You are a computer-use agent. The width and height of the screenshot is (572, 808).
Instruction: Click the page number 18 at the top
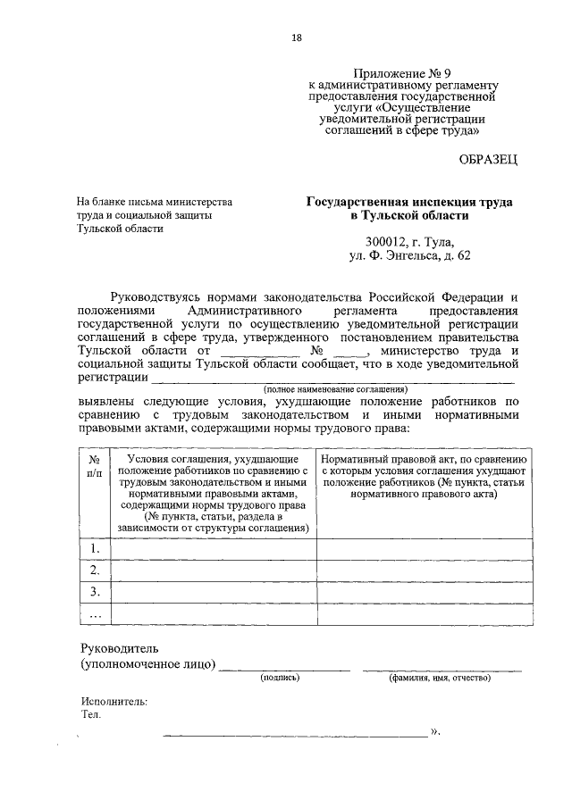(x=297, y=37)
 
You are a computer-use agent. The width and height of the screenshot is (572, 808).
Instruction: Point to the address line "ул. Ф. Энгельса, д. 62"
(x=409, y=256)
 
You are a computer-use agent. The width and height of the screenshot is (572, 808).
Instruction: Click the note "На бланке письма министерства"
(x=155, y=202)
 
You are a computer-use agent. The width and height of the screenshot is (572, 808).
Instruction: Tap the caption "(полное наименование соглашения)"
(x=335, y=389)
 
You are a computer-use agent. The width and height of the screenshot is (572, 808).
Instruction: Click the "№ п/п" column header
(x=94, y=463)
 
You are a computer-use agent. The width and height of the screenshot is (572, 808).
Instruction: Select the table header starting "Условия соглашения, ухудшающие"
(x=212, y=491)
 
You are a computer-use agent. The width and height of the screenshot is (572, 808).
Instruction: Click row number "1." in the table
(x=94, y=548)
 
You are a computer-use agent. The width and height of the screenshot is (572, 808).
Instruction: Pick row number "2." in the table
(x=94, y=570)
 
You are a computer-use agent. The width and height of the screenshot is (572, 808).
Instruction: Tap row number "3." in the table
(x=94, y=592)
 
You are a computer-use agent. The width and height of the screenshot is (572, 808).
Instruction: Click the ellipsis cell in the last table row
(x=94, y=614)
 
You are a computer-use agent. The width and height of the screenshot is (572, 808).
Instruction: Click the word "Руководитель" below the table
(x=119, y=646)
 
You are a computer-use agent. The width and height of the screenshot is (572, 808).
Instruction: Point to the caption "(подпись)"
(x=280, y=679)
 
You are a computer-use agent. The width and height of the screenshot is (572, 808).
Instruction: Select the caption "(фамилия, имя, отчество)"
(x=439, y=679)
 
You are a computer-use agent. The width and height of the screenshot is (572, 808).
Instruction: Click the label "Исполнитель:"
(x=114, y=701)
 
